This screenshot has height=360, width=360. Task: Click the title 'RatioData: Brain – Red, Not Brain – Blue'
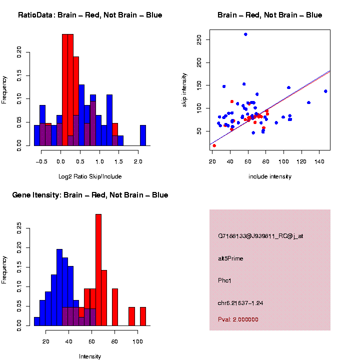coord(90,15)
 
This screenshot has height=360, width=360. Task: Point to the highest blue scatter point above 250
coord(245,34)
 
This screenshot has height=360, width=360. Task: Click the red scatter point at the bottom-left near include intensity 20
coord(214,145)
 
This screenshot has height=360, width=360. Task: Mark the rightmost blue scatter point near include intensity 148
coord(325,91)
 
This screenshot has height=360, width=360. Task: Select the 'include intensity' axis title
coord(270,176)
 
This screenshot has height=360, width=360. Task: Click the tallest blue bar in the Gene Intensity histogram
coord(59,287)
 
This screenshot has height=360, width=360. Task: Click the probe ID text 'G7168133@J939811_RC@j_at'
coord(260,236)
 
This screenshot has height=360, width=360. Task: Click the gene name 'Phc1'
coord(225,280)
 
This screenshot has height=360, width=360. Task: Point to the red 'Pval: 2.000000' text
coord(238,319)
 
